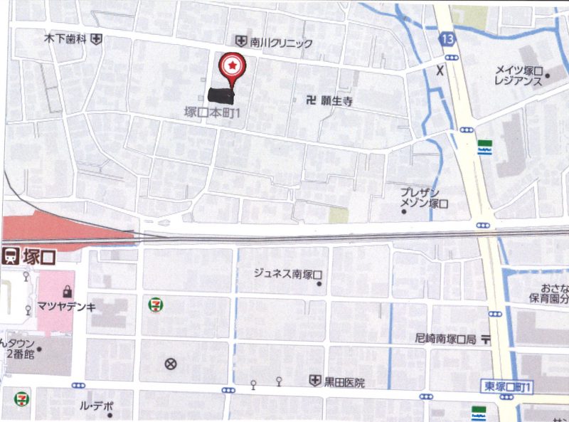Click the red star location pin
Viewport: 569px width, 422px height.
pos(231,67)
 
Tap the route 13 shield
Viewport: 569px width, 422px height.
pos(447,38)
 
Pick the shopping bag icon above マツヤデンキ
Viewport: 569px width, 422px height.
pos(65,290)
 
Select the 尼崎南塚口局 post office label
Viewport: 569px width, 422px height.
pos(445,339)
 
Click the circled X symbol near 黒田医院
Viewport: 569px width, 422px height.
pos(170,364)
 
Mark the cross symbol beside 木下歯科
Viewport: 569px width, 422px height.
pos(97,40)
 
